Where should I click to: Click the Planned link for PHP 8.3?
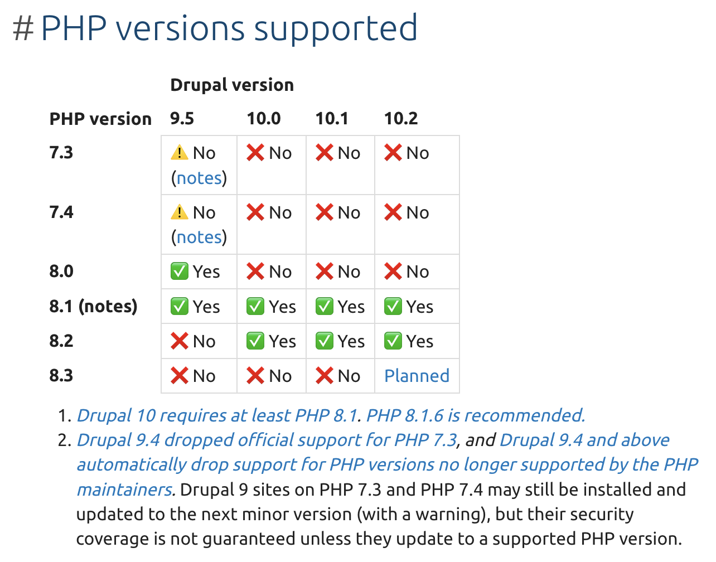[417, 376]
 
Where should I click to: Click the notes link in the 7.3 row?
[199, 178]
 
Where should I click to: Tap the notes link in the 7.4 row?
[199, 237]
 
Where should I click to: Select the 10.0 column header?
[264, 118]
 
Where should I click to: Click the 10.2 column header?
[401, 118]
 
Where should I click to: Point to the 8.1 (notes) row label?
[93, 306]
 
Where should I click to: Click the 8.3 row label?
[61, 375]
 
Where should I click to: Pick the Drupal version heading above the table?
[232, 85]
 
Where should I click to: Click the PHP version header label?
[100, 119]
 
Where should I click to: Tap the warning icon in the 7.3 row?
[179, 152]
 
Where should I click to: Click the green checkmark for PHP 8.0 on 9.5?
[179, 272]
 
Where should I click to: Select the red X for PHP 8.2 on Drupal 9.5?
[179, 341]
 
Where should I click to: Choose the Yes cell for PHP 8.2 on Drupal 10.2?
[409, 341]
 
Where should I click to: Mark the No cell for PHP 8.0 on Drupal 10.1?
[338, 272]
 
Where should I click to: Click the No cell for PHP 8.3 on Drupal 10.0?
[269, 376]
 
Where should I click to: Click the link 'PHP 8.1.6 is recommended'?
[475, 415]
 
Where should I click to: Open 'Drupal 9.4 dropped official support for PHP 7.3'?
[267, 440]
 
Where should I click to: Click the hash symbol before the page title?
[23, 28]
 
